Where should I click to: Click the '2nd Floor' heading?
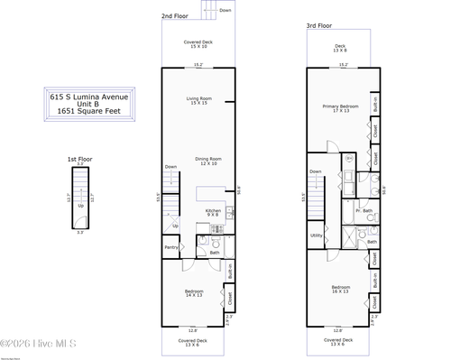pyautogui.click(x=175, y=16)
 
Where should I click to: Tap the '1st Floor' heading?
pyautogui.click(x=79, y=159)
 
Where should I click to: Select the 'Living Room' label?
pyautogui.click(x=198, y=99)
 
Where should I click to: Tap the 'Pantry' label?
pyautogui.click(x=170, y=247)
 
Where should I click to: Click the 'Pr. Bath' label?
pyautogui.click(x=364, y=210)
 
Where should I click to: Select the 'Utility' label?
pyautogui.click(x=316, y=235)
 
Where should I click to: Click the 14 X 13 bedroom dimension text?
pyautogui.click(x=194, y=296)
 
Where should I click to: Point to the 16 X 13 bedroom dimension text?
pyautogui.click(x=339, y=292)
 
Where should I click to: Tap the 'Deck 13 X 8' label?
pyautogui.click(x=340, y=49)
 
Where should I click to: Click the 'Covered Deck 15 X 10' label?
pyautogui.click(x=198, y=44)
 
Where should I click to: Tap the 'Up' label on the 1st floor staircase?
pyautogui.click(x=80, y=205)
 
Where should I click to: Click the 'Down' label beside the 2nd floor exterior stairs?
pyautogui.click(x=225, y=10)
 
